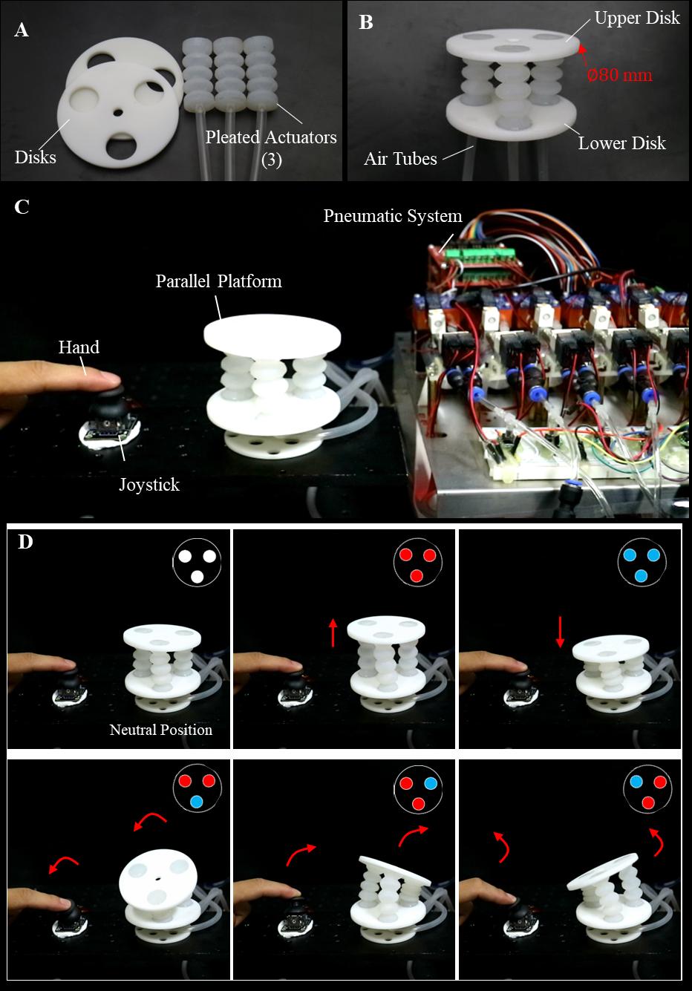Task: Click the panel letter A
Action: click(22, 30)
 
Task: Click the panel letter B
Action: click(365, 22)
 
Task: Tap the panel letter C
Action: click(22, 207)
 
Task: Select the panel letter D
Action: click(25, 542)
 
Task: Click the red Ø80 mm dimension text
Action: click(620, 75)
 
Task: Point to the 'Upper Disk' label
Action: click(637, 18)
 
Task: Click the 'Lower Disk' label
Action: click(621, 143)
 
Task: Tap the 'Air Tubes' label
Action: click(400, 158)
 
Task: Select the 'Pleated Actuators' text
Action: click(271, 137)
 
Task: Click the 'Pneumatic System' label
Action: click(393, 216)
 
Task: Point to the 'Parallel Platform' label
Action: click(218, 281)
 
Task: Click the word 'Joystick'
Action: click(149, 485)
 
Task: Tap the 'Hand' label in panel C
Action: click(79, 347)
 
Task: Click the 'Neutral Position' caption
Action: click(160, 730)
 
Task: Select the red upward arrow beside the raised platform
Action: click(333, 632)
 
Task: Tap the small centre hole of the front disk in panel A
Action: click(118, 114)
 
